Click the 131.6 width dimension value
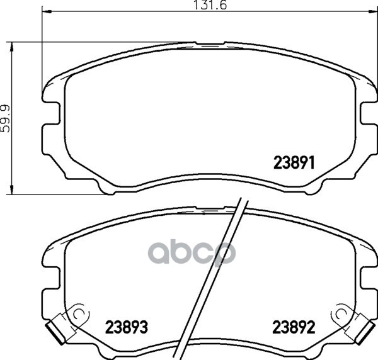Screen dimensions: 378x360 click(210, 5)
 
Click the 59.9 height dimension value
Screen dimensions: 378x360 click(5, 118)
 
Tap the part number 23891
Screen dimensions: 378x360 click(294, 162)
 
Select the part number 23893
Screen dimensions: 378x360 click(127, 327)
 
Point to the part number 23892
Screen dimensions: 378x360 click(294, 327)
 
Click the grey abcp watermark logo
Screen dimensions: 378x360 click(192, 253)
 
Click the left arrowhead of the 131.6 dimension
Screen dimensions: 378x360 click(47, 11)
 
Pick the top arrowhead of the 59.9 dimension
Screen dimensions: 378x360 click(11, 47)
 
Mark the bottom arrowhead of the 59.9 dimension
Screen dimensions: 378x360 click(11, 189)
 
